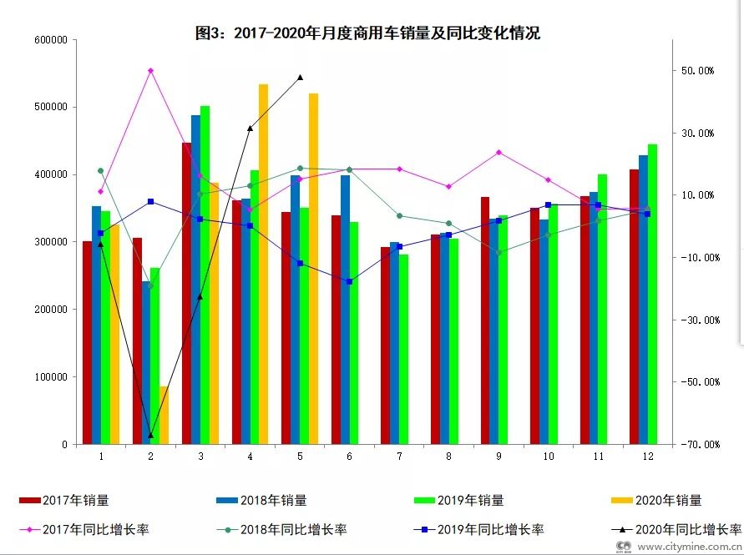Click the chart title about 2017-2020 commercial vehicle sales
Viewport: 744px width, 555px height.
coord(367,33)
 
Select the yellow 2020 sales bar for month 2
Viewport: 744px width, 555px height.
coord(164,415)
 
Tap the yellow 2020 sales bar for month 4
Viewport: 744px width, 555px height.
coord(263,264)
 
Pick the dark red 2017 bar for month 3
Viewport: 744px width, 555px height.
coord(186,293)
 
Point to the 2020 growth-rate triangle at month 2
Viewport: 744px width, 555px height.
coord(150,435)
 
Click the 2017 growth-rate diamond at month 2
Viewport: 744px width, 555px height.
coord(150,71)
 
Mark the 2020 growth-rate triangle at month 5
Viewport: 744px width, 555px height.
coord(300,78)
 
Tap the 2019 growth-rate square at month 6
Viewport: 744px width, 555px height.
coord(349,281)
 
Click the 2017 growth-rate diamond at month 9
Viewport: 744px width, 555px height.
coord(499,152)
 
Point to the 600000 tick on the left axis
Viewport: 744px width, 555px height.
coord(52,39)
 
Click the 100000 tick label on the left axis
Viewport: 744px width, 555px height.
coord(52,376)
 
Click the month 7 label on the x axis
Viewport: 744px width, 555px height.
coord(399,457)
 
